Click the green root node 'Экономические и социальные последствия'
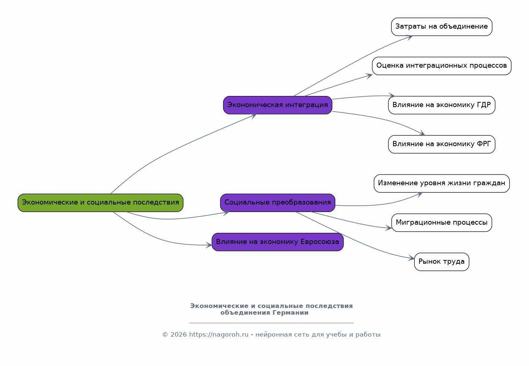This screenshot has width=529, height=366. click(101, 203)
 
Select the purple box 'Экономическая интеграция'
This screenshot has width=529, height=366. click(277, 105)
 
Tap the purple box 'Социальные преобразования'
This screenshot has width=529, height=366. click(277, 203)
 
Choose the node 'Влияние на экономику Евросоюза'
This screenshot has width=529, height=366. click(277, 242)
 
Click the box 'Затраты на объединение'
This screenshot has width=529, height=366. click(442, 27)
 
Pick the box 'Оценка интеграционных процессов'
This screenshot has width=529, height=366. click(442, 66)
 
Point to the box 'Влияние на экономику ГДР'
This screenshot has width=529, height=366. click(442, 105)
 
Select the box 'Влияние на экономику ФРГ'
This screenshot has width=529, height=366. click(442, 144)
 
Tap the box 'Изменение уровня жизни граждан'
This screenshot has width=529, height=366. click(442, 183)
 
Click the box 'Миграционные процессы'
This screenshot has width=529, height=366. click(442, 222)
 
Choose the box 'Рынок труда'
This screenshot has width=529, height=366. click(442, 262)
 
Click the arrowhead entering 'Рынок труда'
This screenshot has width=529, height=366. click(411, 258)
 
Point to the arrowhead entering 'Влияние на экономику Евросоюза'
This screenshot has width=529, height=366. click(209, 245)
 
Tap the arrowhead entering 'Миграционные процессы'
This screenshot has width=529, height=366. click(389, 228)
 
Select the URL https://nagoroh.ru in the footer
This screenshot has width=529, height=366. click(219, 335)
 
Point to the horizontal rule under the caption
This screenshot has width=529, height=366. click(271, 322)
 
